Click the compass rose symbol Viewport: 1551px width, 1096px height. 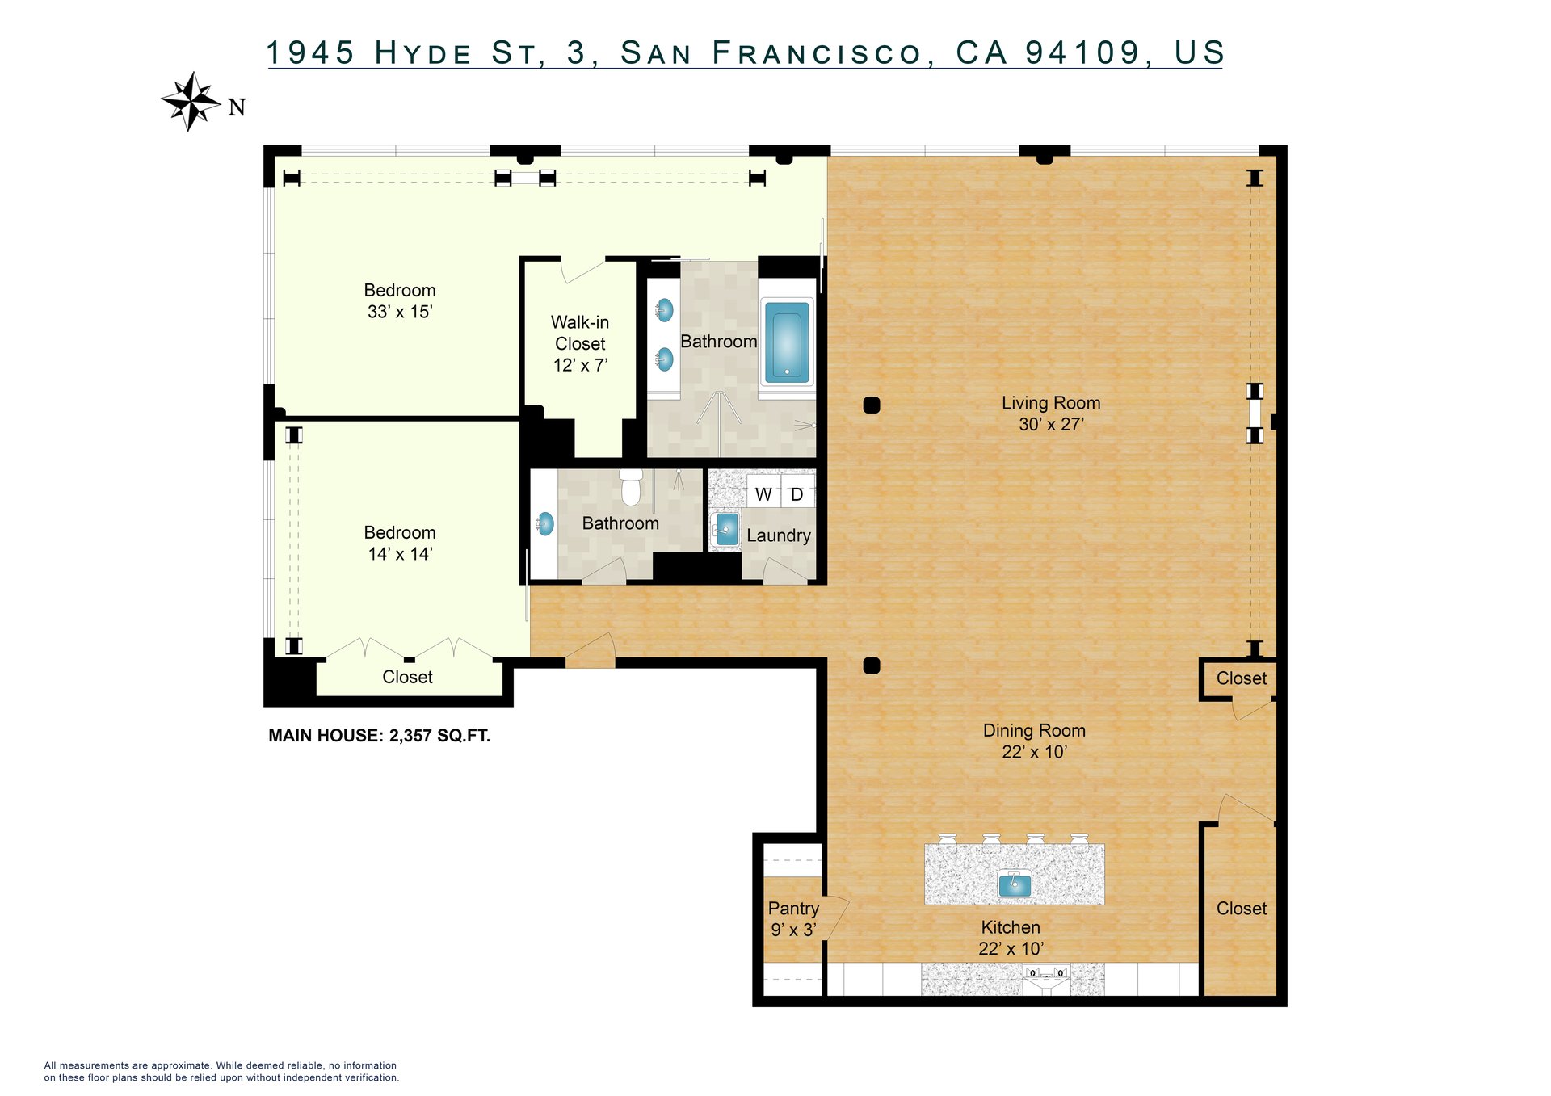point(191,102)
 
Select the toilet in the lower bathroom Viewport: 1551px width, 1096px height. point(631,486)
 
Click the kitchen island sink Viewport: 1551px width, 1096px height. point(1015,884)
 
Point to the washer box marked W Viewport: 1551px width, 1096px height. point(763,493)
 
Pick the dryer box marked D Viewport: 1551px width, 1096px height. point(797,493)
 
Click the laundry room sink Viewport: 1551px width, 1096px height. point(726,530)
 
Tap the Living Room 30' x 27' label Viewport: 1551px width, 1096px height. point(1051,414)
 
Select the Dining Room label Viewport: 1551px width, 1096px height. point(1034,730)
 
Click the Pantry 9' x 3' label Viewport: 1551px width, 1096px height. point(793,919)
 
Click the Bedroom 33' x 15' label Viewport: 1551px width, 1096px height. point(400,300)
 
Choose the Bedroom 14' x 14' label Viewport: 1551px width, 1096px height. point(400,543)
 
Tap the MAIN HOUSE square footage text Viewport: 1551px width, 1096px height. point(379,736)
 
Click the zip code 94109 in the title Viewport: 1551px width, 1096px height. point(1082,52)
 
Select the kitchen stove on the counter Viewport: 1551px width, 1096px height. point(1046,979)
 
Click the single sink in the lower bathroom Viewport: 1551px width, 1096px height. point(545,523)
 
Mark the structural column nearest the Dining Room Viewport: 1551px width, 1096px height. point(872,666)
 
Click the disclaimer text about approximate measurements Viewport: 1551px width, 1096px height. point(221,1071)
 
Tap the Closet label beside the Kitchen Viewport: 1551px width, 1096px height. point(1242,909)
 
